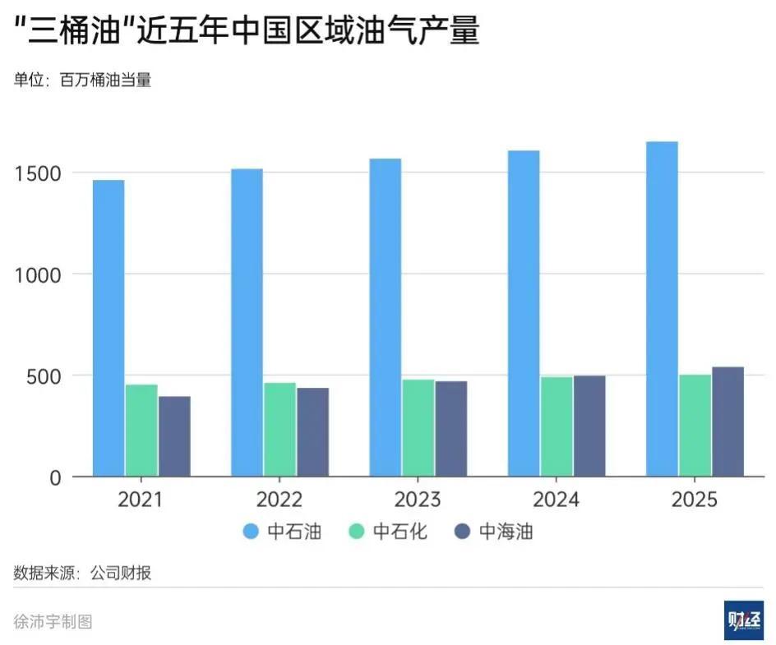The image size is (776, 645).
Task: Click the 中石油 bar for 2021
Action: (109, 328)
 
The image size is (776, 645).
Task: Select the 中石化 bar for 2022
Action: (279, 429)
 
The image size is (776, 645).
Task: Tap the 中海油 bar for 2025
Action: (727, 422)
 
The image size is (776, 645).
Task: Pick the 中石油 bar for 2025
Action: (662, 309)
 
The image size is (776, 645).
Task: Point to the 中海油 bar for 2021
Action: (174, 436)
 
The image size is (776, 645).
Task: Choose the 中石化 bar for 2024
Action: (557, 426)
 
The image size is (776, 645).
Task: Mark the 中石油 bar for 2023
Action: (385, 317)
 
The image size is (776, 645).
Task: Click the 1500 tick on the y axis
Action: (38, 173)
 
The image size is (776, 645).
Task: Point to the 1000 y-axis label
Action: (38, 274)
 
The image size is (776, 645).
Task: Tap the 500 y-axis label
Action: (44, 376)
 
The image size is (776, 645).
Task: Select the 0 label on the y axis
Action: (55, 477)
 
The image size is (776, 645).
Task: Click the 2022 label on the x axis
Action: (279, 500)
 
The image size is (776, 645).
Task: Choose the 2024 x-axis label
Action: (557, 500)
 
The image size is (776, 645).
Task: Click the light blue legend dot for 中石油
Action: (252, 532)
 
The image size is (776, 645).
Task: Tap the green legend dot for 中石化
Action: (357, 532)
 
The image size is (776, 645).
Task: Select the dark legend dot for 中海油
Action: (463, 532)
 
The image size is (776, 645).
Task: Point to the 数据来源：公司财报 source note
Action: (82, 574)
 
